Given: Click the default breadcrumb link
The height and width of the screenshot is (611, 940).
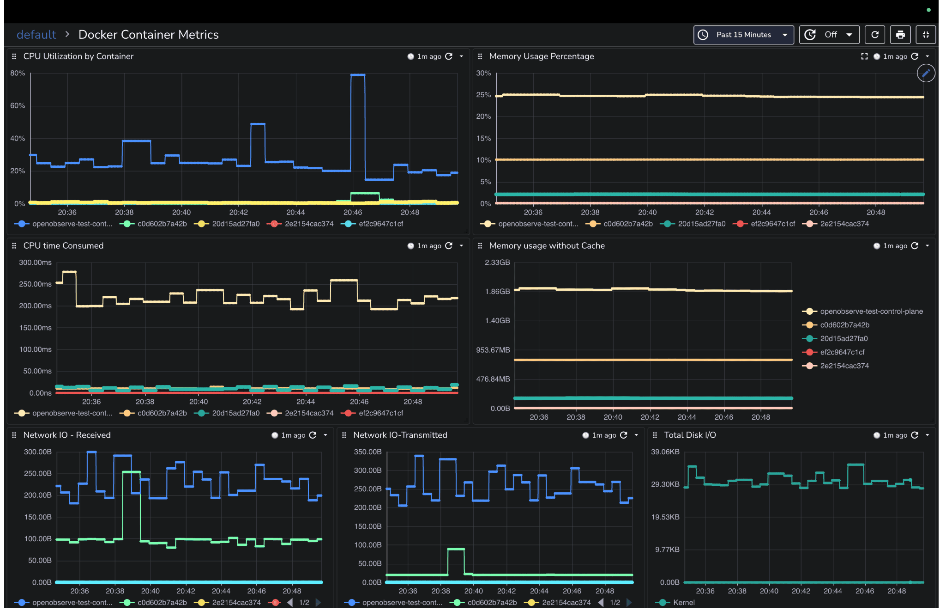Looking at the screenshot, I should pyautogui.click(x=36, y=35).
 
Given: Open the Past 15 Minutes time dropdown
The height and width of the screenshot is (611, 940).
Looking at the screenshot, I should pyautogui.click(x=743, y=35).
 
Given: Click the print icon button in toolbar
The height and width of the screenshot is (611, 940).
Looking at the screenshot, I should pyautogui.click(x=900, y=35).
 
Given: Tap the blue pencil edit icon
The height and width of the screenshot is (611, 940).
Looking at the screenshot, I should pyautogui.click(x=925, y=73).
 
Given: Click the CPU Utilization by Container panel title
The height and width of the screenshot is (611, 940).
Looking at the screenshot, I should pyautogui.click(x=78, y=56).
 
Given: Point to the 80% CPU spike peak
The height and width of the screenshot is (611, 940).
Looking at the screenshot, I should pyautogui.click(x=358, y=75).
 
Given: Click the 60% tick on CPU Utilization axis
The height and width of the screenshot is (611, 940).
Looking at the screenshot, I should pyautogui.click(x=18, y=106).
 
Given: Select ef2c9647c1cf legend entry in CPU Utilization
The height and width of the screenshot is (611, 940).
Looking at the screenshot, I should pyautogui.click(x=380, y=224).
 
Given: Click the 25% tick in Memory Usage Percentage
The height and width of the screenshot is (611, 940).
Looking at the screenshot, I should pyautogui.click(x=483, y=95).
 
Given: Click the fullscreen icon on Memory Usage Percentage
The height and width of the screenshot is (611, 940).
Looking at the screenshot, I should pyautogui.click(x=864, y=56).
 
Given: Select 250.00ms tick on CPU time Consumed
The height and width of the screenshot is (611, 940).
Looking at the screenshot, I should pyautogui.click(x=35, y=284).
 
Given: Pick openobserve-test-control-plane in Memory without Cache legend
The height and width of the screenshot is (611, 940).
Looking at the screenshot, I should pyautogui.click(x=871, y=312).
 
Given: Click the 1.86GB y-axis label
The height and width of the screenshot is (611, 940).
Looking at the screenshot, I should pyautogui.click(x=497, y=292).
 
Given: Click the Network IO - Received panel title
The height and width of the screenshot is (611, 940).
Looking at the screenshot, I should pyautogui.click(x=67, y=435).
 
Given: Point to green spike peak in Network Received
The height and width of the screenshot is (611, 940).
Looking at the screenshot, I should pyautogui.click(x=131, y=472).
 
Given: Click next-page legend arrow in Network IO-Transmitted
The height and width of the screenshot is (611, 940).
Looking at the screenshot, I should pyautogui.click(x=629, y=603).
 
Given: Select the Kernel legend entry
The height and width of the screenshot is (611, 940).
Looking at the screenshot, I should pyautogui.click(x=683, y=603).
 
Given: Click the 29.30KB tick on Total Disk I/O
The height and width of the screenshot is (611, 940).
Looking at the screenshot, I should pyautogui.click(x=665, y=484).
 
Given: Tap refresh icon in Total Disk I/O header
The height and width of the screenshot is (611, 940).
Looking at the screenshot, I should pyautogui.click(x=915, y=435).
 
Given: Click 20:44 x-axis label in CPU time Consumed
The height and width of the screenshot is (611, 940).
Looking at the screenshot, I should pyautogui.click(x=306, y=402).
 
